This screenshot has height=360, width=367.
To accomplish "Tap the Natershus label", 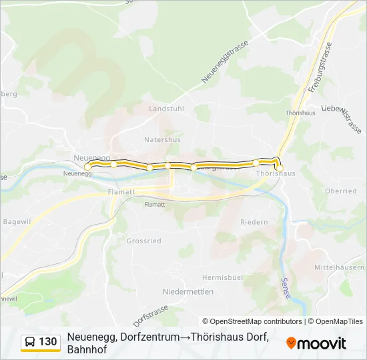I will tap(162, 140).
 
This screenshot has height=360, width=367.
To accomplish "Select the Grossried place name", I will tap(143, 241).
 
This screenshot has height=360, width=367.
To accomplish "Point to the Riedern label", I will tap(254, 222).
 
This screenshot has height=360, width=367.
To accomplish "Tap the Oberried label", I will tap(340, 191).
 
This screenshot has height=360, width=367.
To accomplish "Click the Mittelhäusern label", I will tap(340, 267).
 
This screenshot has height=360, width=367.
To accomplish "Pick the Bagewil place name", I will tap(17, 221).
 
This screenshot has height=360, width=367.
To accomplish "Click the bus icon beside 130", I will tap(31, 343).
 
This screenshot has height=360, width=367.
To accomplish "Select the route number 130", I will tap(48, 342).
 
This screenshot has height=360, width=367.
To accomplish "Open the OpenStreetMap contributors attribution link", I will tap(252, 321).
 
